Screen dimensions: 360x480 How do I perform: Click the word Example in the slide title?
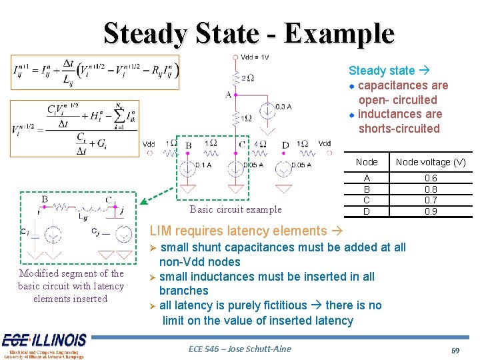pyautogui.click(x=338, y=33)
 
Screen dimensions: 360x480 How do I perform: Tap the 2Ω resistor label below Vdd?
pyautogui.click(x=246, y=78)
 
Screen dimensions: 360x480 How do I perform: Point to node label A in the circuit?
pyautogui.click(x=228, y=95)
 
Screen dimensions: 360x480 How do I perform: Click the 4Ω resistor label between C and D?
pyautogui.click(x=260, y=144)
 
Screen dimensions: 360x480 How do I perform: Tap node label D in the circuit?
pyautogui.click(x=285, y=145)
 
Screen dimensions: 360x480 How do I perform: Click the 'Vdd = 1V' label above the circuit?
pyautogui.click(x=254, y=57)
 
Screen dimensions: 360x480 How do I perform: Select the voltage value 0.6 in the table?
pyautogui.click(x=431, y=179)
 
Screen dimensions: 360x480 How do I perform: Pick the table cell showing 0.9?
pyautogui.click(x=431, y=211)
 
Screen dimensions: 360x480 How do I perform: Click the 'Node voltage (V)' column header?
pyautogui.click(x=431, y=162)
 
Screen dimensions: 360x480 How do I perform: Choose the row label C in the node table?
pyautogui.click(x=366, y=201)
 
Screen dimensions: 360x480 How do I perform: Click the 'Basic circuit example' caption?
pyautogui.click(x=235, y=209)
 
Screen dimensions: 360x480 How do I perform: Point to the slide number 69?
pyautogui.click(x=456, y=350)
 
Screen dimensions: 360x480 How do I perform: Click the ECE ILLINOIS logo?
pyautogui.click(x=44, y=344)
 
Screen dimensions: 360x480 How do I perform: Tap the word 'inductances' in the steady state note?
pyautogui.click(x=391, y=114)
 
